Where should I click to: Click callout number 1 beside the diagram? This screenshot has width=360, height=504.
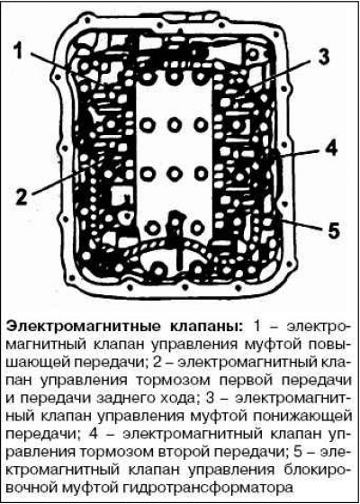tap(19, 52)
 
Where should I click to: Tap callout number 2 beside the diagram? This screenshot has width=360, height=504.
tap(22, 195)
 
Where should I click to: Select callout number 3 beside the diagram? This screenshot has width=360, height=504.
tap(322, 58)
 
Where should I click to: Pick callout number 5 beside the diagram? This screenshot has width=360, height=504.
tap(333, 229)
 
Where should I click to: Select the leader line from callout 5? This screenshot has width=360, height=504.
tap(302, 224)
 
